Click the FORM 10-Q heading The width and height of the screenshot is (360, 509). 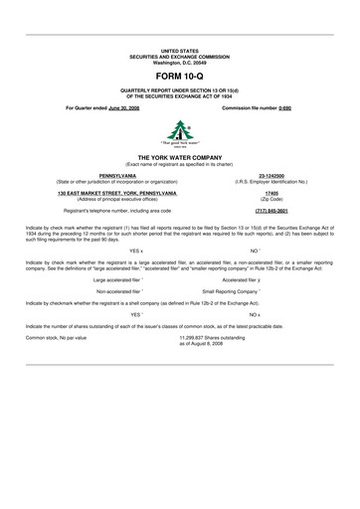[x=179, y=76]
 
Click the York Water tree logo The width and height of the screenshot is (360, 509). [x=180, y=131]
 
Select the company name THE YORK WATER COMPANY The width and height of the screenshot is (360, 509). [x=179, y=157]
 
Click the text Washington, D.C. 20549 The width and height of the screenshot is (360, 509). [x=179, y=62]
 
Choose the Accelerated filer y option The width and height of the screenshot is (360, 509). [x=241, y=279]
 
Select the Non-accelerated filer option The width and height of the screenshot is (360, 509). [x=119, y=291]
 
